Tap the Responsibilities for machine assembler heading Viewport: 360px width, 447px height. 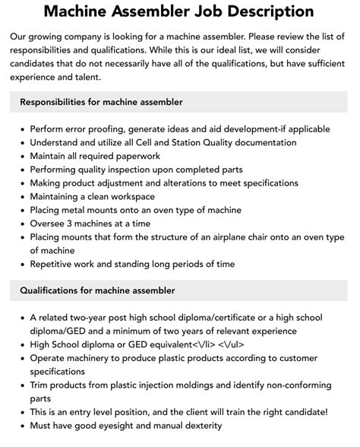[102, 101]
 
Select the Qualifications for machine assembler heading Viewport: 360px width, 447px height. [97, 290]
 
